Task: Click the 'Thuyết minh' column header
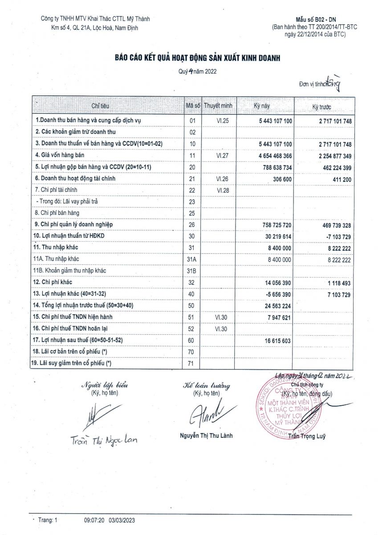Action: (x=219, y=106)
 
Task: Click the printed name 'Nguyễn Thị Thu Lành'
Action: (x=206, y=436)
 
